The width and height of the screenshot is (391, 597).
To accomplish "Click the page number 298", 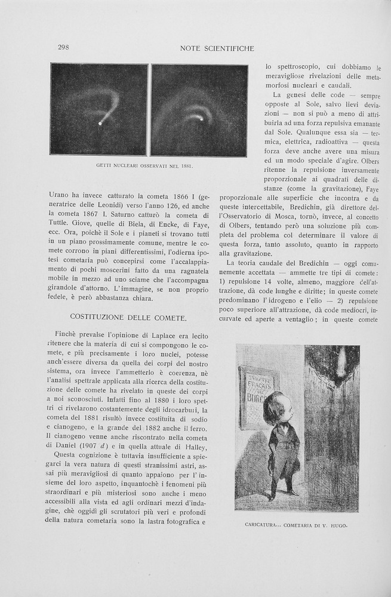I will [x=63, y=48].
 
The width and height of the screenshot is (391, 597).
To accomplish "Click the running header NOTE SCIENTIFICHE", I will [x=217, y=48].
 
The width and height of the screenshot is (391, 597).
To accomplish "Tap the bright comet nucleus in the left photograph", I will [x=100, y=124].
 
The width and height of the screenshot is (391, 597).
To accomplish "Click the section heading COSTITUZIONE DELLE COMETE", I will [x=128, y=316].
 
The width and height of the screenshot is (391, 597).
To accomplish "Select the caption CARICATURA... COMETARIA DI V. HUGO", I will [x=296, y=525].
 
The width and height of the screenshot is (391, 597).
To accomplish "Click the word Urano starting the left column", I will [x=59, y=195].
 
